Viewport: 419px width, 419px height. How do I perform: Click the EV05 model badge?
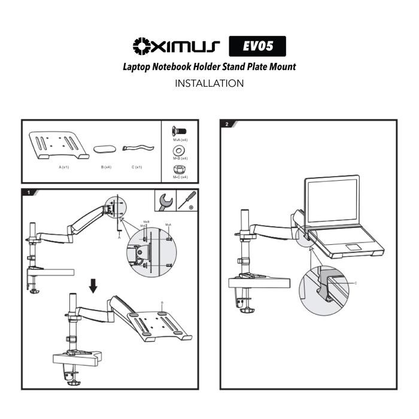[x=257, y=46]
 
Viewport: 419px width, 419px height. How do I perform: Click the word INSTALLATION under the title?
[x=209, y=83]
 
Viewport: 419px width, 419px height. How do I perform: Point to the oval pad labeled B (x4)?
[x=105, y=148]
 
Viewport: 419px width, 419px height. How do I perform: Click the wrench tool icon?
[x=165, y=200]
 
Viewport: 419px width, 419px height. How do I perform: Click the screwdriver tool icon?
[x=187, y=200]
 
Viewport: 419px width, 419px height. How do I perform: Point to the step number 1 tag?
[x=29, y=193]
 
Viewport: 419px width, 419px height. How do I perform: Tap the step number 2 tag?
[x=227, y=125]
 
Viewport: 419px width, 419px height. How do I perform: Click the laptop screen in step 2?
[x=332, y=202]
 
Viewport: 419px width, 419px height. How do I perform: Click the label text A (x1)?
[x=64, y=167]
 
